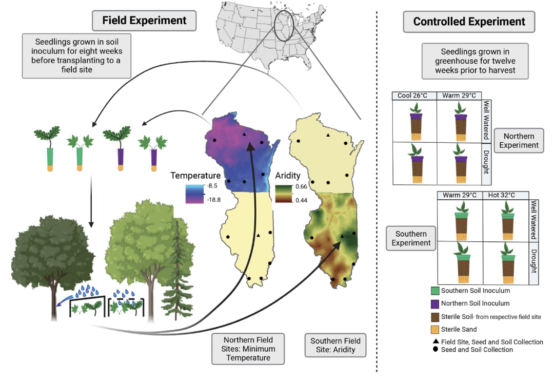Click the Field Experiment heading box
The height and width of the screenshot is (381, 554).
pyautogui.click(x=144, y=21)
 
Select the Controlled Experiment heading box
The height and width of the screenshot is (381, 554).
pyautogui.click(x=469, y=22)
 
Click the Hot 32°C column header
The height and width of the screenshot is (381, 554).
pyautogui.click(x=506, y=195)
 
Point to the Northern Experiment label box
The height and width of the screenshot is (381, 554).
pyautogui.click(x=519, y=141)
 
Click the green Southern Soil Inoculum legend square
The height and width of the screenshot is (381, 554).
pyautogui.click(x=434, y=291)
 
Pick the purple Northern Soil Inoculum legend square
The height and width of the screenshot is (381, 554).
pyautogui.click(x=434, y=303)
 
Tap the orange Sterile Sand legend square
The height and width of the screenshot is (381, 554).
pyautogui.click(x=434, y=329)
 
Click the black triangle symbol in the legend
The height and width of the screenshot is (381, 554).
pyautogui.click(x=435, y=341)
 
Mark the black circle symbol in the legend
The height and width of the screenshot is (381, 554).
pyautogui.click(x=435, y=350)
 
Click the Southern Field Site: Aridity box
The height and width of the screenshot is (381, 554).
pyautogui.click(x=335, y=346)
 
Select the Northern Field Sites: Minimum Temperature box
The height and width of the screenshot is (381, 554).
pyautogui.click(x=249, y=349)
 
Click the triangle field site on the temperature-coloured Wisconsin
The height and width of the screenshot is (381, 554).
pyautogui.click(x=245, y=135)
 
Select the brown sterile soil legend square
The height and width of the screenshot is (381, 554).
pyautogui.click(x=434, y=316)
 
